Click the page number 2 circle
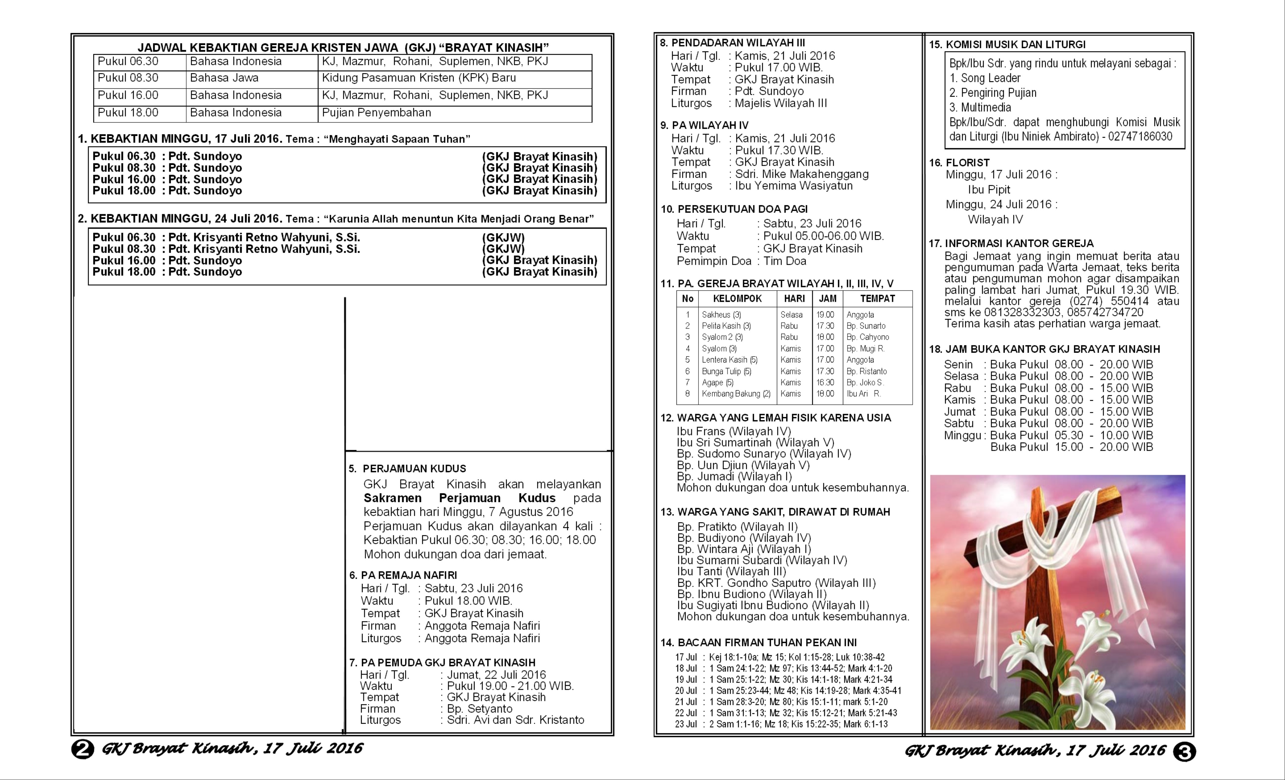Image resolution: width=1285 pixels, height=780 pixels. [82, 749]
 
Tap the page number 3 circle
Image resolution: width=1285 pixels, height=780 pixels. [1184, 751]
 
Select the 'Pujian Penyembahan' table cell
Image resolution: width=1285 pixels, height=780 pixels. [377, 113]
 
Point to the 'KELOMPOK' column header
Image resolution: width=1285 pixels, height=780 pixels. [737, 299]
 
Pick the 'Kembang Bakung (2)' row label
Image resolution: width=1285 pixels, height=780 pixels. [736, 394]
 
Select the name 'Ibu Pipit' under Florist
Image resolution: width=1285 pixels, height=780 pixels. [989, 190]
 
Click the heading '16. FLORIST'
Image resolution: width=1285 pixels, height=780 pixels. [959, 163]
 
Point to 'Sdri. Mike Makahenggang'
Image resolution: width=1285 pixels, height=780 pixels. [802, 174]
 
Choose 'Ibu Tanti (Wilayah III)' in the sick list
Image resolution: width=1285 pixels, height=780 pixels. [731, 571]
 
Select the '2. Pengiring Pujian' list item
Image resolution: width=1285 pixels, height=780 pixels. [993, 93]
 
